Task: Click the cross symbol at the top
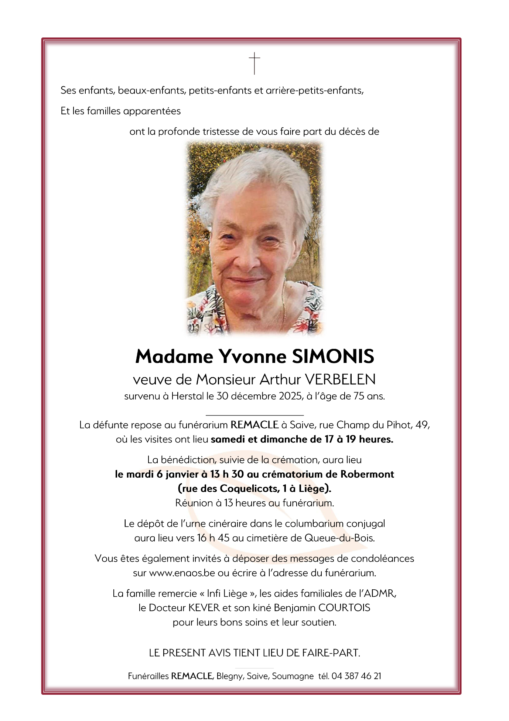[254, 63]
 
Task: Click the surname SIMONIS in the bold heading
[333, 357]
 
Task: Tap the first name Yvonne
[253, 357]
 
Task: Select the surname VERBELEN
[340, 380]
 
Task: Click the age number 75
[359, 397]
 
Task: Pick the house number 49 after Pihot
[422, 425]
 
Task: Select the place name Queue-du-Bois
[339, 538]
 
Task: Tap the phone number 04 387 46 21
[356, 676]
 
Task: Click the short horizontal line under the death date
[254, 415]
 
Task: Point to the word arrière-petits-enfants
[314, 91]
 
